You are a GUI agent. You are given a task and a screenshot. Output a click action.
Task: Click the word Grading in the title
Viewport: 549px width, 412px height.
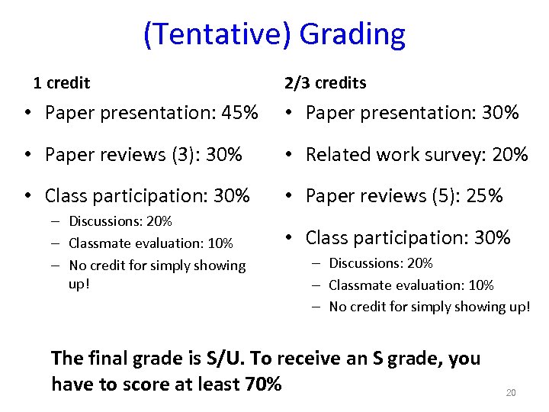point(352,35)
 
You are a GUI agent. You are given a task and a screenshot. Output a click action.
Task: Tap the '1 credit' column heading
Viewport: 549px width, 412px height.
point(61,82)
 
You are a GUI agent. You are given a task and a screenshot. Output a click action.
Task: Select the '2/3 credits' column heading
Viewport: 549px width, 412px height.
point(325,82)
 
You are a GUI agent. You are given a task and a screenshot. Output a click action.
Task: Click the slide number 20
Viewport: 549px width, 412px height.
point(511,392)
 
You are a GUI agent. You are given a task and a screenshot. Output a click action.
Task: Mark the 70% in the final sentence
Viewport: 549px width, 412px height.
point(263,384)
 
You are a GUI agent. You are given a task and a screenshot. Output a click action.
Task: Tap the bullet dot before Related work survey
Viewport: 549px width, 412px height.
point(291,156)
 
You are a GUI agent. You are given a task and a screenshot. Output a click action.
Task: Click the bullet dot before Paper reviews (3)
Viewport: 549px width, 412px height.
point(28,156)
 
